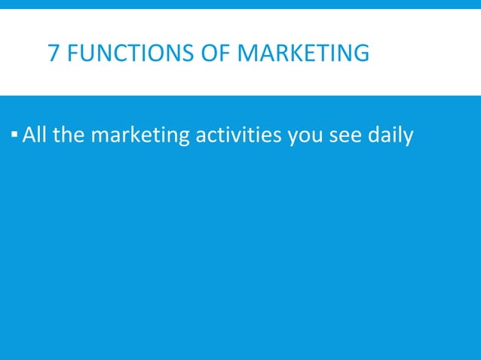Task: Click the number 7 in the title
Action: (x=54, y=54)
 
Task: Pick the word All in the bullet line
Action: (x=35, y=136)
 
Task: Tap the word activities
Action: (x=237, y=136)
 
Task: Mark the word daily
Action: (x=391, y=137)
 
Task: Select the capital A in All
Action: (x=29, y=136)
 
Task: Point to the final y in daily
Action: (x=408, y=139)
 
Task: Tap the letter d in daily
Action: (x=375, y=136)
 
